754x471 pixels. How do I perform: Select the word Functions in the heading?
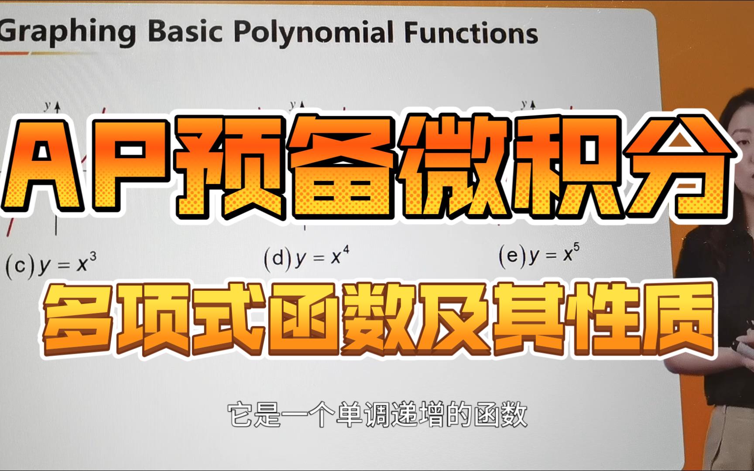pos(472,33)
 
